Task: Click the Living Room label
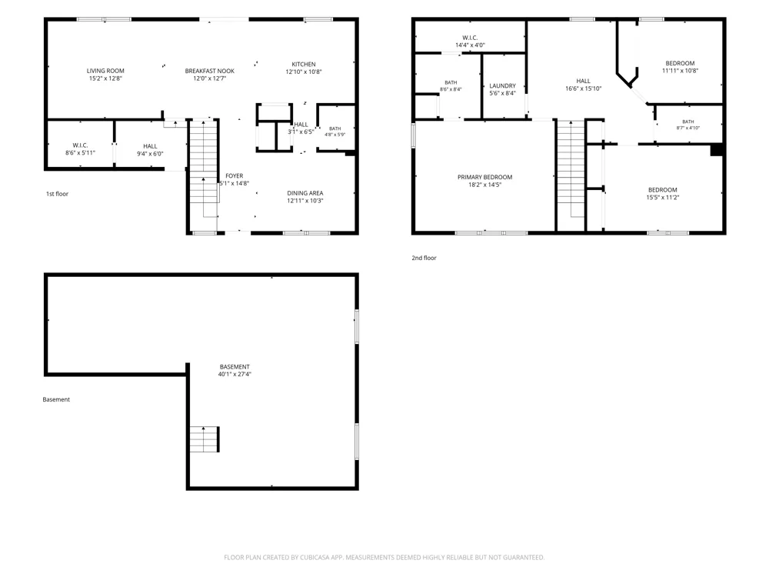(105, 71)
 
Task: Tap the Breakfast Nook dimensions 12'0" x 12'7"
(209, 78)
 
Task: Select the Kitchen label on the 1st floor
(304, 65)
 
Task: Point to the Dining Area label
(305, 193)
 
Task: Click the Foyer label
(235, 175)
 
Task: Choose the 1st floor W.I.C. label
(80, 145)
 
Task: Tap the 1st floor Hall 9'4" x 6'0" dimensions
(150, 154)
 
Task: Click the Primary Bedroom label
(485, 177)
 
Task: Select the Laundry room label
(503, 86)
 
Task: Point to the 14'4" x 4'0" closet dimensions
(470, 45)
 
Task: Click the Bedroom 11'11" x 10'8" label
(681, 63)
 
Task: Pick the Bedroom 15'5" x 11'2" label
(663, 190)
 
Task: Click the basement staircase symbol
(204, 439)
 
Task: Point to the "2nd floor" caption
(424, 258)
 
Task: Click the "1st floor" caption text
(57, 194)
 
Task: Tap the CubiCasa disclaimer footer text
(384, 557)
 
